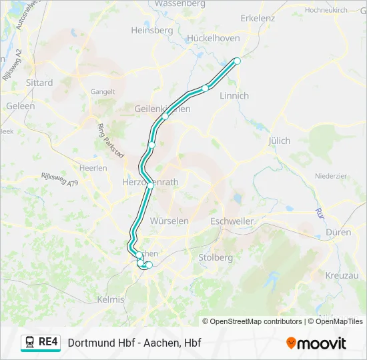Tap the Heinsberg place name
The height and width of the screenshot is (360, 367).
tap(152, 30)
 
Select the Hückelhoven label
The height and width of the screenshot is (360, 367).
tap(214, 38)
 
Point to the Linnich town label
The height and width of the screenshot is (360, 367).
tap(234, 96)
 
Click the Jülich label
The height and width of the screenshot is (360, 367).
tap(279, 141)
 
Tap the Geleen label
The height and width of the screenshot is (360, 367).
tap(20, 106)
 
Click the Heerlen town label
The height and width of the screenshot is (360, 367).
tap(93, 168)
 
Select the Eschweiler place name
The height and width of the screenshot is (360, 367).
tap(232, 221)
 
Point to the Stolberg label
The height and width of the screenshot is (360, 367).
tap(215, 257)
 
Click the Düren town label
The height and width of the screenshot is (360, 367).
tap(338, 232)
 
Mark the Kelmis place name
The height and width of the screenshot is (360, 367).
tap(111, 299)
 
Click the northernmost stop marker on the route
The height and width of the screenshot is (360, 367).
tap(236, 61)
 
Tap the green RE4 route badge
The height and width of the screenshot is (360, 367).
tap(41, 343)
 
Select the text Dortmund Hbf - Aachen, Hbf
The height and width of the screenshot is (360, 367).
tap(134, 343)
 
